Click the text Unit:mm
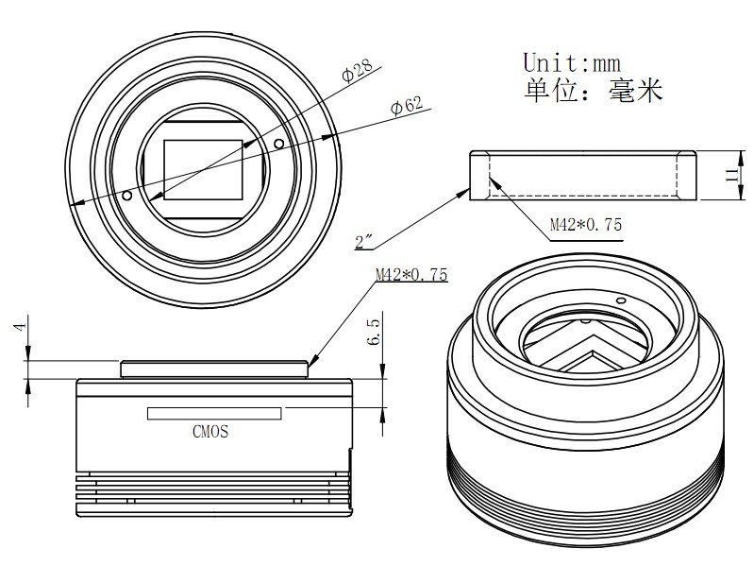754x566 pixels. (572, 63)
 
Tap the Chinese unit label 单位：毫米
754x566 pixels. (593, 92)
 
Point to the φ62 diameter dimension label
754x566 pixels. (406, 105)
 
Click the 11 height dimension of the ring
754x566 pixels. (729, 174)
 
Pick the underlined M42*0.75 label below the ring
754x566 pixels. (585, 225)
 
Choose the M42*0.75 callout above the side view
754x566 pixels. (411, 275)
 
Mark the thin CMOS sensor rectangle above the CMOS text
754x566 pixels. (214, 414)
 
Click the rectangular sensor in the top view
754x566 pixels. (203, 168)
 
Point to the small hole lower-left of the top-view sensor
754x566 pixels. (127, 197)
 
